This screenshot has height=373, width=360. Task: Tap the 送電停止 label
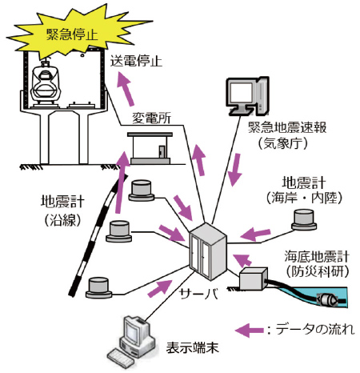(136, 61)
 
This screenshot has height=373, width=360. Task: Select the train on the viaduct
(45, 82)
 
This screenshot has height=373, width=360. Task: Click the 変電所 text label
(152, 118)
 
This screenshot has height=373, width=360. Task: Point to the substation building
(150, 148)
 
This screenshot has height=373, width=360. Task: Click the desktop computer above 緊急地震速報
(247, 96)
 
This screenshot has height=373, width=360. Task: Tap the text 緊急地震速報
(287, 127)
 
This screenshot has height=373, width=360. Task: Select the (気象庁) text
(283, 144)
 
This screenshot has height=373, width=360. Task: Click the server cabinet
(208, 251)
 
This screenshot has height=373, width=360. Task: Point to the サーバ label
(199, 294)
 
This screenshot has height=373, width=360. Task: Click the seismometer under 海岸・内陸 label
(304, 220)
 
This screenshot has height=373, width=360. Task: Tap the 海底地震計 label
(317, 257)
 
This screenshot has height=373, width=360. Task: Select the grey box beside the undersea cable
(253, 279)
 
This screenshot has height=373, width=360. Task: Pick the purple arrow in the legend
(250, 331)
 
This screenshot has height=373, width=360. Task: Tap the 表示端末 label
(193, 347)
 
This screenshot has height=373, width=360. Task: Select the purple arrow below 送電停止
(126, 90)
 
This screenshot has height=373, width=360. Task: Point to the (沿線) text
(62, 221)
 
